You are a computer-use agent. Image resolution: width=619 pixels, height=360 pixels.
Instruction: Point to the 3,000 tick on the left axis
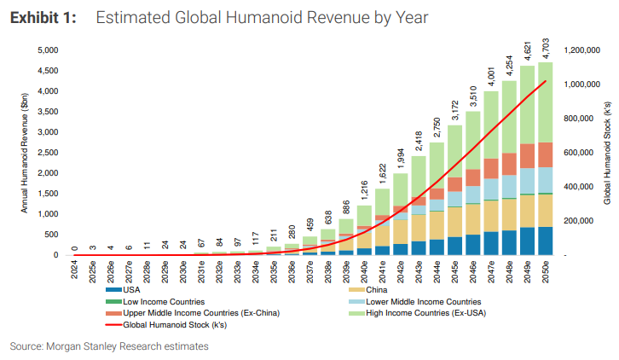[x=47, y=132]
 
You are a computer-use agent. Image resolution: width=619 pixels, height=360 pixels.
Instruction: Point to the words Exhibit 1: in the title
[x=43, y=18]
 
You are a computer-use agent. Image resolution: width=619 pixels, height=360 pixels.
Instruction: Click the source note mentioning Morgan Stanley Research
[x=109, y=346]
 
